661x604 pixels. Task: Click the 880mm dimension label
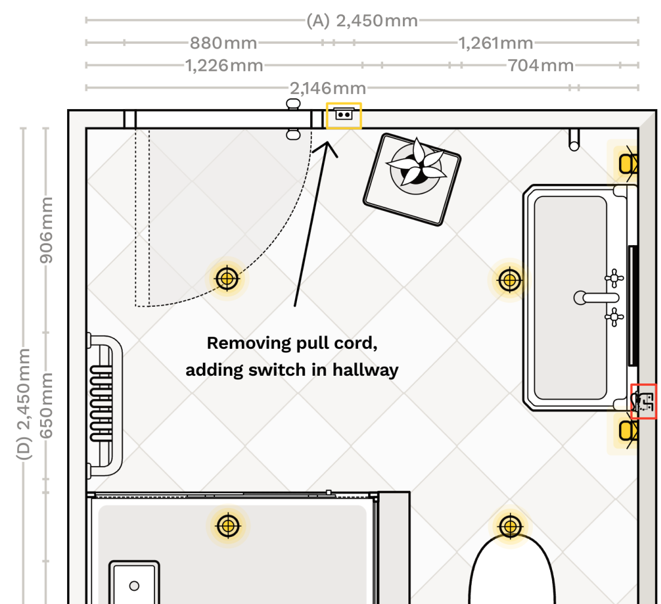tap(223, 43)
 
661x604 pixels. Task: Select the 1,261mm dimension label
tap(495, 43)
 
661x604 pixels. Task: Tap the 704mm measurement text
tap(541, 65)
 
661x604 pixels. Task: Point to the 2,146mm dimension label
tap(328, 89)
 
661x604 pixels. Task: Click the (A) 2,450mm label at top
tap(362, 21)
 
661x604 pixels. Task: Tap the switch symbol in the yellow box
tap(344, 115)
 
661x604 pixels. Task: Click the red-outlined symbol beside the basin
tap(644, 401)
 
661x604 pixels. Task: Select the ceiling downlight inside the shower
tap(228, 526)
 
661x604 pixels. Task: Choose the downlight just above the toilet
tap(510, 527)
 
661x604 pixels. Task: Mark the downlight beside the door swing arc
tap(227, 278)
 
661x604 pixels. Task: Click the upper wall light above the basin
tap(626, 162)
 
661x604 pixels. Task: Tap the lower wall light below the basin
tap(626, 430)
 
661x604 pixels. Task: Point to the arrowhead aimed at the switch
tap(326, 147)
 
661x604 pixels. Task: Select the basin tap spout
tap(596, 297)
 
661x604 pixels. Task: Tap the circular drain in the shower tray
tap(134, 585)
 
